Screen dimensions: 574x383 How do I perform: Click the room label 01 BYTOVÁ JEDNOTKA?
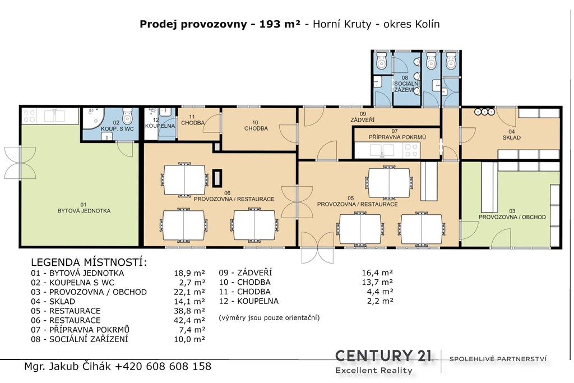click(x=84, y=207)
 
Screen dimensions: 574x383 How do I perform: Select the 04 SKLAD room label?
click(x=511, y=135)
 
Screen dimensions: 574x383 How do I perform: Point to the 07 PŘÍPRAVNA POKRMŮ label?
click(x=397, y=134)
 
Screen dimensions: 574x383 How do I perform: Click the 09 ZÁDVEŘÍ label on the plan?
click(x=363, y=117)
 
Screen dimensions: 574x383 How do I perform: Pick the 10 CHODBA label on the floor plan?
click(x=256, y=126)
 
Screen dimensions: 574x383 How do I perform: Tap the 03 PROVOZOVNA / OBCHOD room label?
click(x=512, y=214)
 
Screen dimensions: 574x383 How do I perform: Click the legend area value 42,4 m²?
click(x=189, y=320)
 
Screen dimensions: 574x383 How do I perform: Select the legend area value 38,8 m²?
click(x=189, y=311)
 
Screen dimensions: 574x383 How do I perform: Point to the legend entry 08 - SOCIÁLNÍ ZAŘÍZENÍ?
click(x=80, y=339)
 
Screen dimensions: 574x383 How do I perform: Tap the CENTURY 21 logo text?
click(x=383, y=356)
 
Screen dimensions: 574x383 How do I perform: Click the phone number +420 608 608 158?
click(x=163, y=366)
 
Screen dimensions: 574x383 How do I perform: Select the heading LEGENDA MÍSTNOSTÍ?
click(x=89, y=262)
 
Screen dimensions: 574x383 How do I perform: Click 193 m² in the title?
click(x=280, y=24)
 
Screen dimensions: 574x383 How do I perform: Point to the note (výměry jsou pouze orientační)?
click(x=269, y=317)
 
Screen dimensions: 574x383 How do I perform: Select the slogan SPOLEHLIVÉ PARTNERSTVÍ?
click(x=498, y=359)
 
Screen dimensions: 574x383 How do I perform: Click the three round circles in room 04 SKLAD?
click(x=484, y=112)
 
